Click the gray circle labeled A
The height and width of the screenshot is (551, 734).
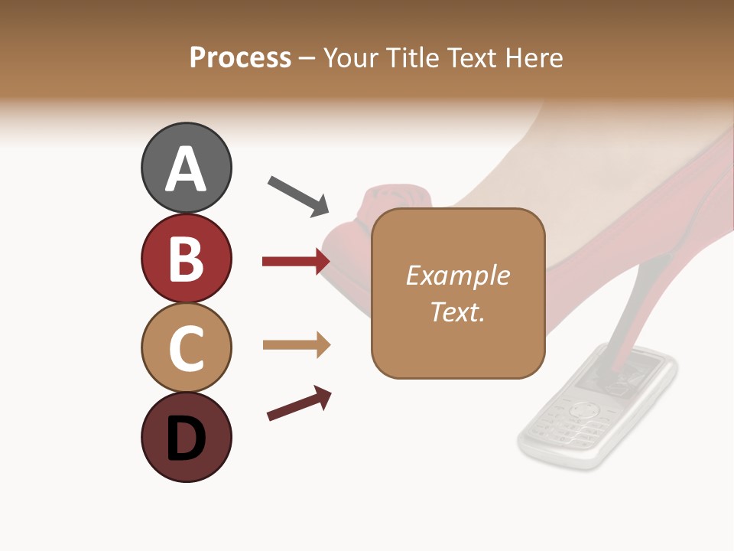[186, 168]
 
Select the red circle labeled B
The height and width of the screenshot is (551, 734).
[186, 258]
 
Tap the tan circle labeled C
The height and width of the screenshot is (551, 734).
[186, 347]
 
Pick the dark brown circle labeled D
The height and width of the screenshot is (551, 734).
[186, 437]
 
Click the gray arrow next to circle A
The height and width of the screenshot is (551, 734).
[298, 196]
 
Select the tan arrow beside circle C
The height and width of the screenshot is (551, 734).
[296, 345]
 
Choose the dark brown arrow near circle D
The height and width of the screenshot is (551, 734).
[299, 403]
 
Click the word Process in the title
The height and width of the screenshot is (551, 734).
[240, 58]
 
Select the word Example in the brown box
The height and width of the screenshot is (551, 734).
[457, 275]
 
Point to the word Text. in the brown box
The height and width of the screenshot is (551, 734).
[457, 311]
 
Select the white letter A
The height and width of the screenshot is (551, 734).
[186, 169]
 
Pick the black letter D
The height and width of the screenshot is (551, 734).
[186, 439]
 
